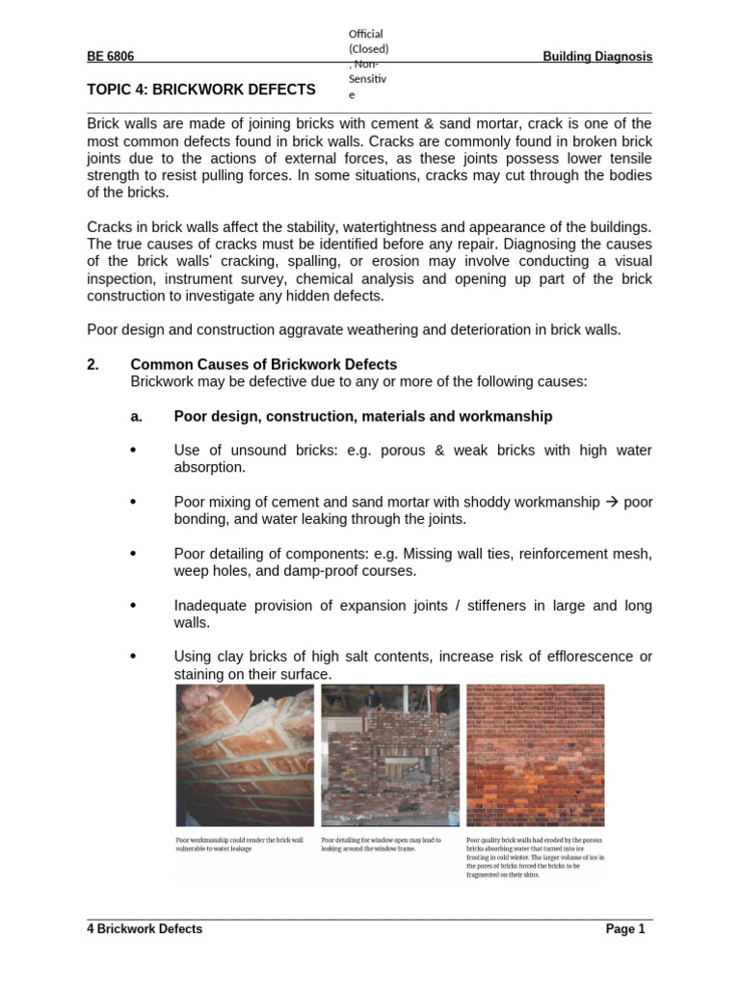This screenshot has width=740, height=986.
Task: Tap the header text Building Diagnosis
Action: click(597, 57)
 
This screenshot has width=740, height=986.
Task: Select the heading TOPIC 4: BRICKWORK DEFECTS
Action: click(201, 90)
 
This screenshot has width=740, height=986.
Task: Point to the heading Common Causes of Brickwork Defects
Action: click(263, 365)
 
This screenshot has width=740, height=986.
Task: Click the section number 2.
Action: click(92, 365)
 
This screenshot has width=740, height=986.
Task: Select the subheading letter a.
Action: click(136, 416)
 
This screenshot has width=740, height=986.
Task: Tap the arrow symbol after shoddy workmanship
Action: click(611, 502)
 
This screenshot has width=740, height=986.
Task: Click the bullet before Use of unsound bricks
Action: click(133, 450)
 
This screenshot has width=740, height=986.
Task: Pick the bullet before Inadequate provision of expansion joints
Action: click(133, 606)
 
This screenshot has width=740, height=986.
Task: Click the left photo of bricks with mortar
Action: click(245, 756)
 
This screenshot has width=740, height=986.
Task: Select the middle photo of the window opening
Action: click(389, 756)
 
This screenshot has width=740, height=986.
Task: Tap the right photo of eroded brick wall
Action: click(535, 756)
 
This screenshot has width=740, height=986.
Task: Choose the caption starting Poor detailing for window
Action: click(382, 844)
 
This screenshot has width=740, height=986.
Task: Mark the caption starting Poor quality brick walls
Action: click(536, 857)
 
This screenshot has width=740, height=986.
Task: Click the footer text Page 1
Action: click(625, 929)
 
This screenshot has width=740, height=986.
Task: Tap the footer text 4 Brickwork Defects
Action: click(145, 929)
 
